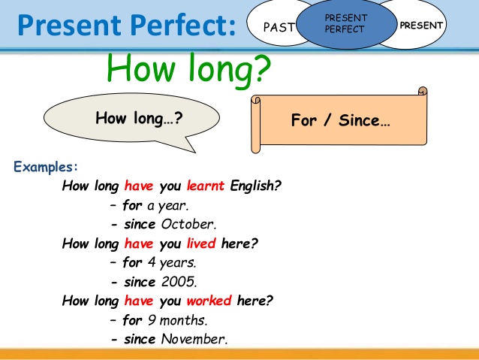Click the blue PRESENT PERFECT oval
point(345,23)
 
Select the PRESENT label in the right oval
point(421,26)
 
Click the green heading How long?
point(188,70)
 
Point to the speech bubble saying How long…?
point(132,118)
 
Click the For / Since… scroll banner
point(339,120)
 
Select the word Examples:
point(46,166)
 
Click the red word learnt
point(206,185)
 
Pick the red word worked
point(209,301)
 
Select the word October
point(188,223)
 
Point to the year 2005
point(179,282)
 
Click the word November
point(194,339)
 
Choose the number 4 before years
point(151,262)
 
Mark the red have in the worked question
point(138,301)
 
